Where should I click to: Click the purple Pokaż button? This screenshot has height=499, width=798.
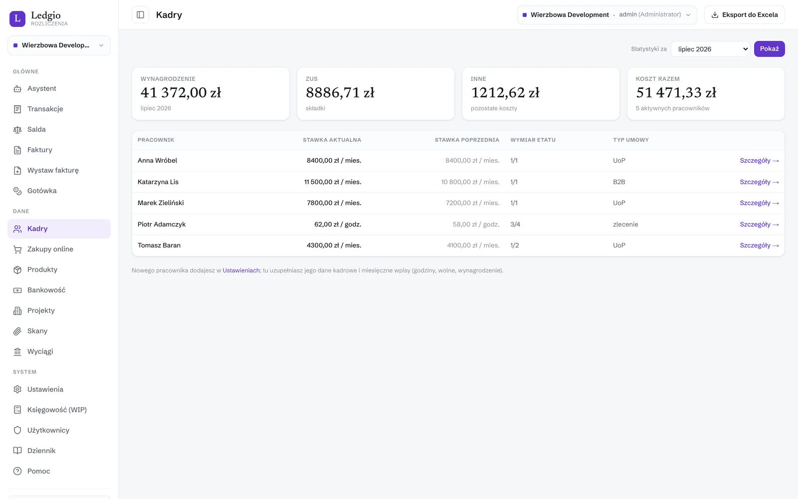click(769, 49)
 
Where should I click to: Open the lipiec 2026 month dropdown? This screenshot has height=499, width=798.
click(710, 49)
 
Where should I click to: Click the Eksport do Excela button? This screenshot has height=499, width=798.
click(744, 14)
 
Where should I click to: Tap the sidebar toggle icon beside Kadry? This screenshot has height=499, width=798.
click(140, 14)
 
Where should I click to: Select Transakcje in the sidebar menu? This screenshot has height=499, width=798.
click(45, 109)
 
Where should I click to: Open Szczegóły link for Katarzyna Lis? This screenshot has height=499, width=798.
click(759, 182)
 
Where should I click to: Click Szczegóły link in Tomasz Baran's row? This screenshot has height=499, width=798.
click(759, 245)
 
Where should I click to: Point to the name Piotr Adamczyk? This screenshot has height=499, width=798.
click(162, 224)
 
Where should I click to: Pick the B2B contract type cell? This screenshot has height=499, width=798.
click(619, 182)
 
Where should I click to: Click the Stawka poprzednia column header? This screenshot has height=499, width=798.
click(467, 140)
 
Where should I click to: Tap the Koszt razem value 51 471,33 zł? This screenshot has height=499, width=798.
click(676, 93)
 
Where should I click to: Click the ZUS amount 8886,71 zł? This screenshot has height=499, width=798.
click(340, 93)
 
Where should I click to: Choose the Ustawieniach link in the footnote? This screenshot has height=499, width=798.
click(241, 270)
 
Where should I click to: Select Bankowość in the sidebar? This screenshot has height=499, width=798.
click(46, 290)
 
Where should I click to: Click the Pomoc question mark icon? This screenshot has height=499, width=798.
click(17, 471)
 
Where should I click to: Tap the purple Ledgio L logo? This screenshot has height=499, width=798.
click(17, 18)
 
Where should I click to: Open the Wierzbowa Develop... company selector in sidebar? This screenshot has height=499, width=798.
click(59, 45)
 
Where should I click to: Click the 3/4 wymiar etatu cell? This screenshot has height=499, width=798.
click(515, 224)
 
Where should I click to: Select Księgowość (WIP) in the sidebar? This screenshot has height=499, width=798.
click(57, 410)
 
